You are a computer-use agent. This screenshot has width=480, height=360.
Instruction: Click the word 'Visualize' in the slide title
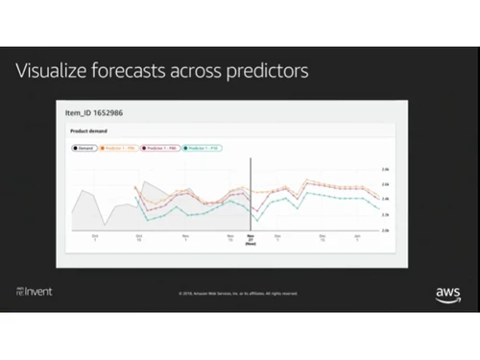(x=54, y=72)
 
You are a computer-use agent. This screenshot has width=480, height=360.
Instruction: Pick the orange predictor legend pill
(x=123, y=149)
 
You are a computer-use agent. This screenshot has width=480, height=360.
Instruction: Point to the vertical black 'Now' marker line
(x=251, y=192)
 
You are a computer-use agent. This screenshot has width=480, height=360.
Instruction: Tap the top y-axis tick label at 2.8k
(x=385, y=169)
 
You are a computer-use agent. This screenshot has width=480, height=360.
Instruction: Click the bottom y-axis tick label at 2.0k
(x=385, y=230)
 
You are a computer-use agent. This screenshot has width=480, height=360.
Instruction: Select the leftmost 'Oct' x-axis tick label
(x=94, y=236)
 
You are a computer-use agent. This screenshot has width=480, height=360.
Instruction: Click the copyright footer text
(x=238, y=293)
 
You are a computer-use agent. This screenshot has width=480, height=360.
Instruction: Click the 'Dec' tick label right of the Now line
(x=278, y=236)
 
